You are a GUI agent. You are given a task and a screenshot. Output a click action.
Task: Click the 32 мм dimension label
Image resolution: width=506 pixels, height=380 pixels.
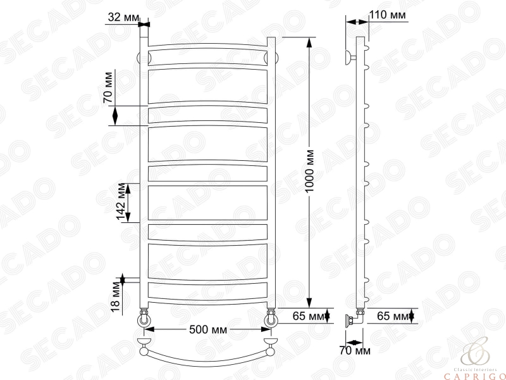coord(123,17)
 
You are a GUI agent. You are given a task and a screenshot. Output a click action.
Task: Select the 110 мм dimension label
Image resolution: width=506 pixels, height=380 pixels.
coord(387,15)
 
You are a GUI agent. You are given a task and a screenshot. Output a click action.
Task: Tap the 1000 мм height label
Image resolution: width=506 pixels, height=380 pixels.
coord(310,171)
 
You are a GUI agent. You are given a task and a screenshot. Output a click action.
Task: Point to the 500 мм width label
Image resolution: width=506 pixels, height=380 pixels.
coord(208,330)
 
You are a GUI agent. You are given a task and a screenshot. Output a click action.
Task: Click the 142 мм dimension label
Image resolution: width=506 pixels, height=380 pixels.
coord(121,201)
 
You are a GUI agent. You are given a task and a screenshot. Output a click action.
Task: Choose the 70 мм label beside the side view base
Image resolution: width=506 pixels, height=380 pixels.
coord(355,350)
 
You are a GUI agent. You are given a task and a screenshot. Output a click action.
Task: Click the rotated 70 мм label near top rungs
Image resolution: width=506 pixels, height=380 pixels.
coord(108,87)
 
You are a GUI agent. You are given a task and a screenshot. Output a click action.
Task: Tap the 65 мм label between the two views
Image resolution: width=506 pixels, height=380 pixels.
coord(308,315)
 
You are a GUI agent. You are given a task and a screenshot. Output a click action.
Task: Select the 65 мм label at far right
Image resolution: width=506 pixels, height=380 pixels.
coord(393,315)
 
